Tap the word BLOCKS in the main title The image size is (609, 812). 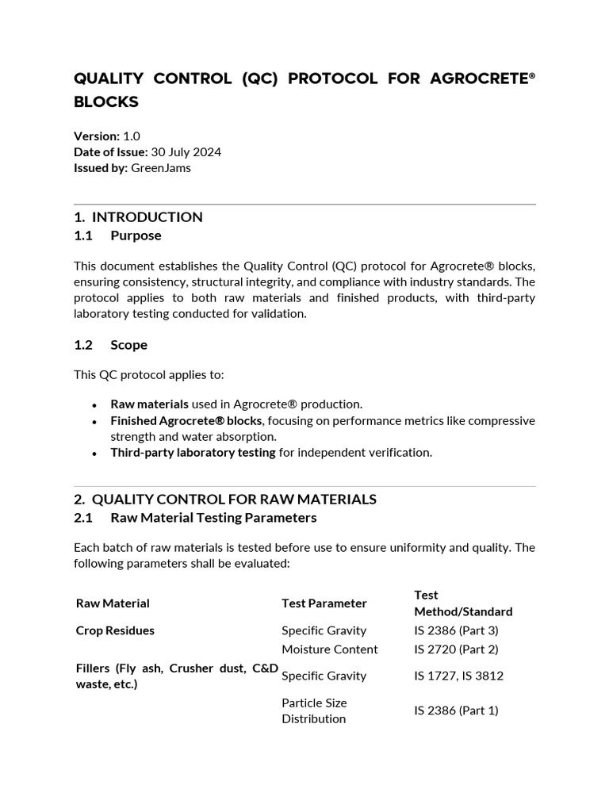[x=106, y=102]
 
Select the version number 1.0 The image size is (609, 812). [x=132, y=136]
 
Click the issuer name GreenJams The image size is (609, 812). [x=161, y=167]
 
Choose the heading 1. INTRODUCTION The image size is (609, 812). [x=138, y=216]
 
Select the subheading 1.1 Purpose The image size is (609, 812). [x=117, y=236]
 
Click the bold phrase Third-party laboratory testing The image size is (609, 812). [x=193, y=452]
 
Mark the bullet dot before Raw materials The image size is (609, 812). [x=94, y=404]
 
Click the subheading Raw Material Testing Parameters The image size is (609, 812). [x=213, y=518]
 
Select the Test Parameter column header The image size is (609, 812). [x=324, y=603]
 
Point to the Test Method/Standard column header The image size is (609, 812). [x=462, y=603]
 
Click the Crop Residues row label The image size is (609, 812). [x=115, y=630]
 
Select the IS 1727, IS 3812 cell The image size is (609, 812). [x=458, y=676]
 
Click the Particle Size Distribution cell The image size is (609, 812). [x=314, y=710]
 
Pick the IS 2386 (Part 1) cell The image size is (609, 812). [x=456, y=710]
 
